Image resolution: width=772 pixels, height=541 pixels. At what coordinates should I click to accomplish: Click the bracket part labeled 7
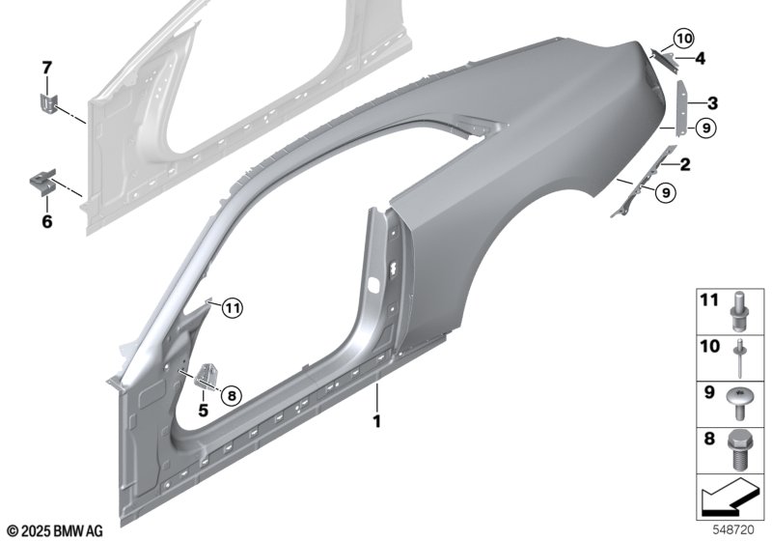click(48, 105)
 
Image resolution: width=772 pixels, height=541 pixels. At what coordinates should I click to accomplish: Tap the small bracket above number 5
click(207, 376)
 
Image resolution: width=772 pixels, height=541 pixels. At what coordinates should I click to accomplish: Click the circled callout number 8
click(232, 395)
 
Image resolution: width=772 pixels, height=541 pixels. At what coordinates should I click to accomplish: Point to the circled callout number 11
click(233, 308)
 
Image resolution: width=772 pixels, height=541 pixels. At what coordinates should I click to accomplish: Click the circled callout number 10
click(683, 38)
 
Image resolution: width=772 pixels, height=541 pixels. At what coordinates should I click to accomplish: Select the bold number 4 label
click(700, 59)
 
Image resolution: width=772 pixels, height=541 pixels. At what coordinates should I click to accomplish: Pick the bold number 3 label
click(712, 103)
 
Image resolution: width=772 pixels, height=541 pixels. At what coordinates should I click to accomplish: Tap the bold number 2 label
click(685, 164)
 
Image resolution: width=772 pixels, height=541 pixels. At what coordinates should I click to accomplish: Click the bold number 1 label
click(377, 422)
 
